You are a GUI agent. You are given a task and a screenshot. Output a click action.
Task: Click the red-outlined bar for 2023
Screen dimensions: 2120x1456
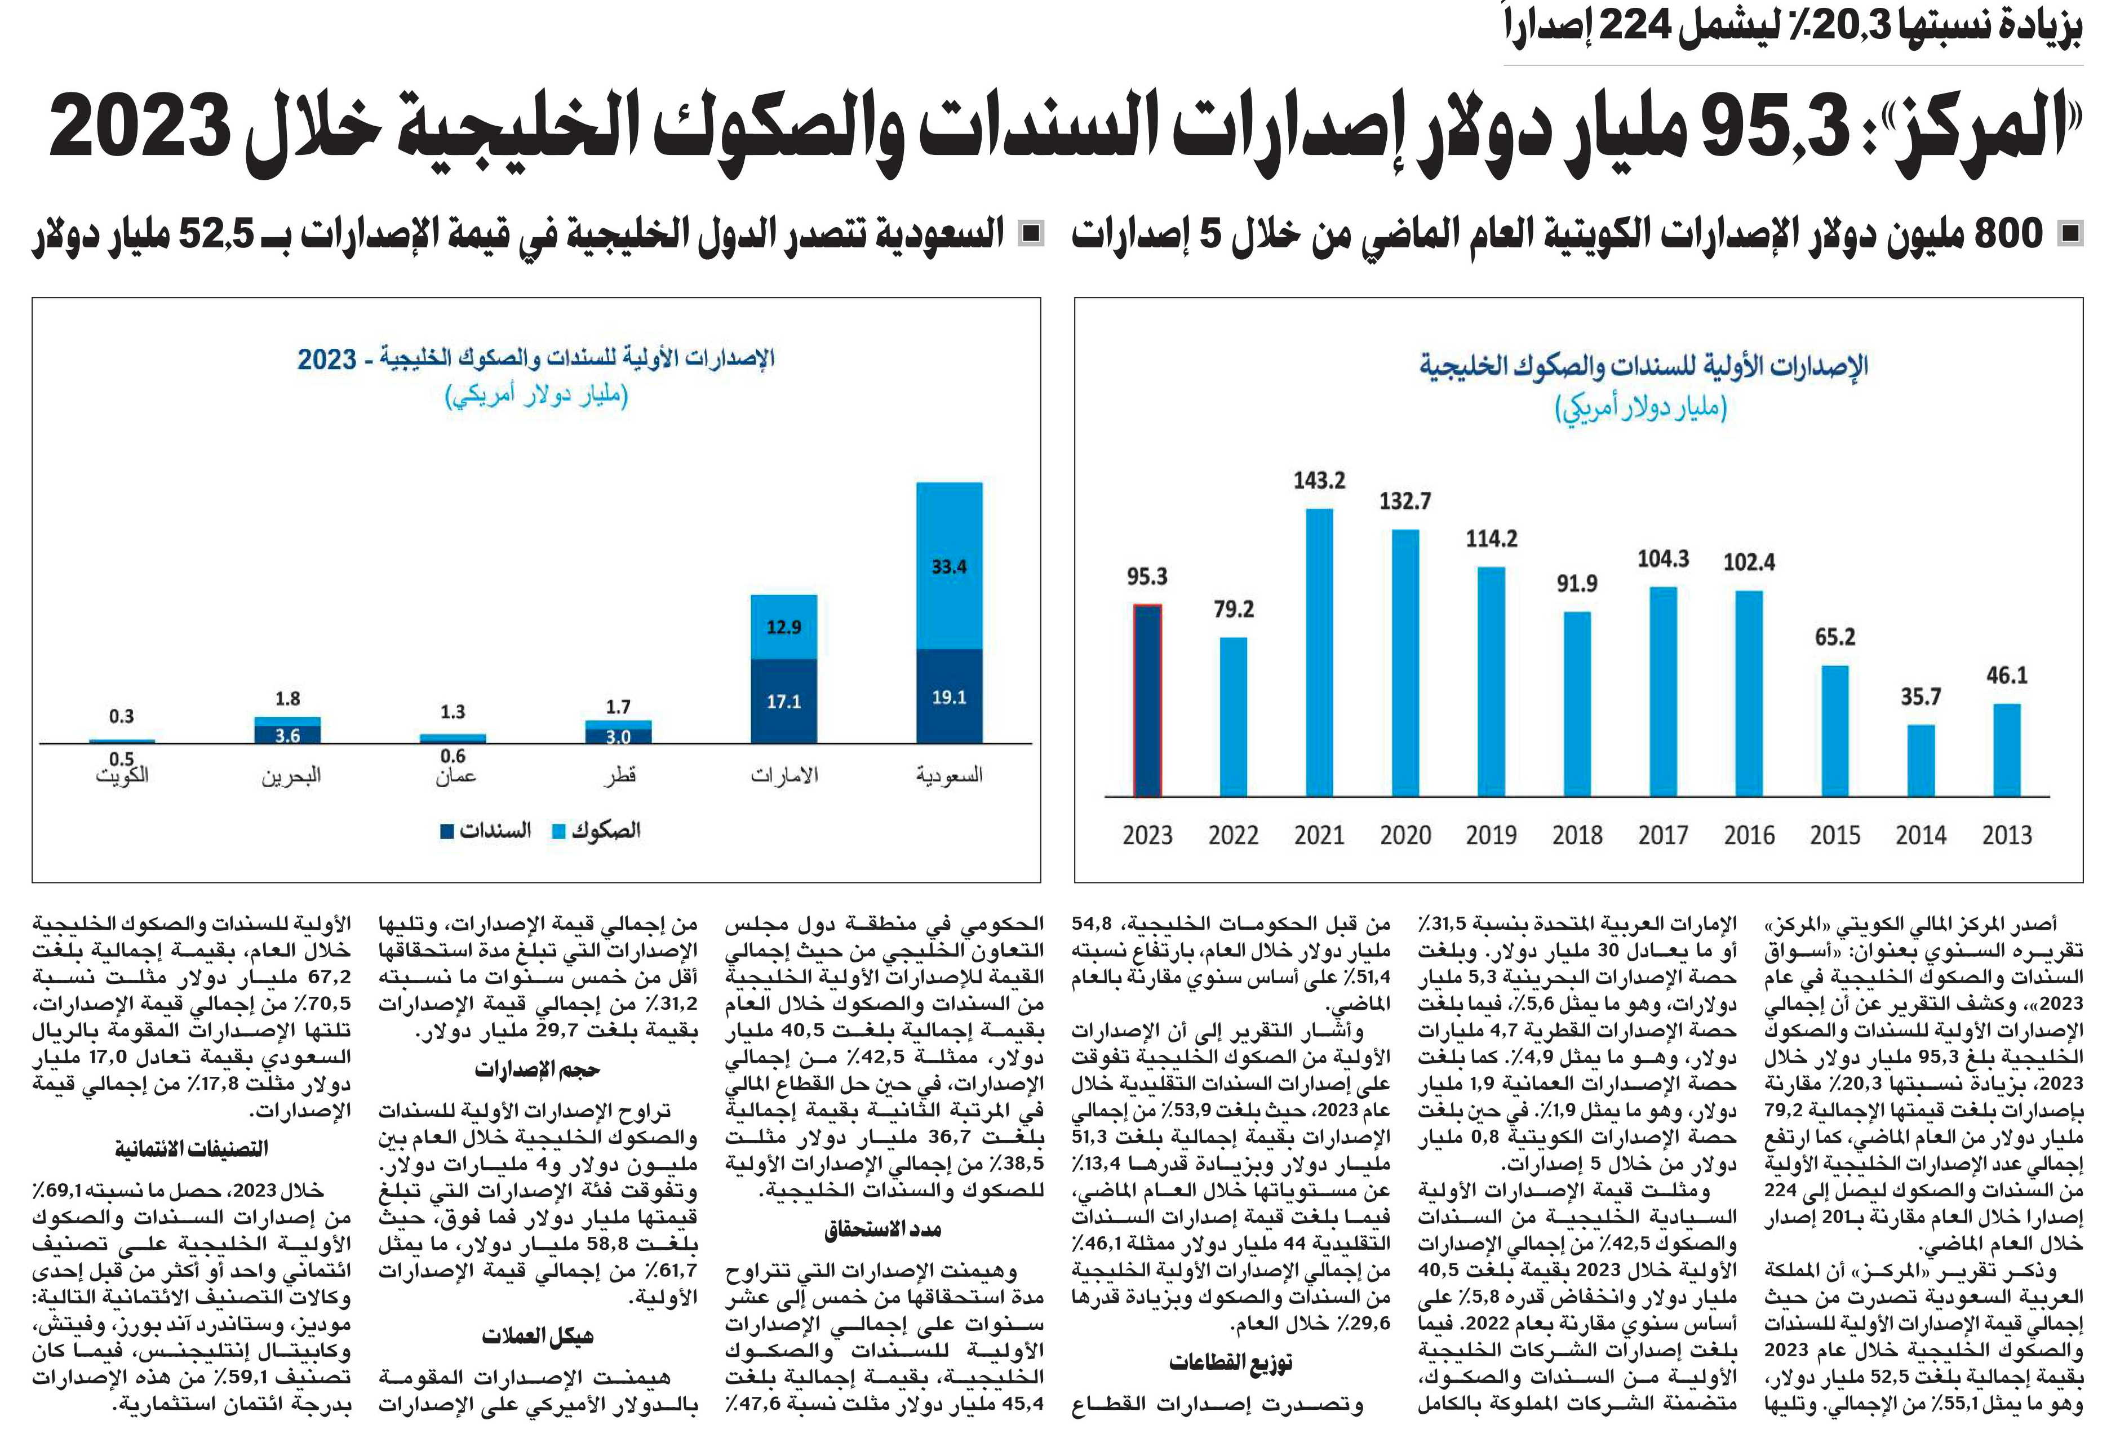click(x=1147, y=700)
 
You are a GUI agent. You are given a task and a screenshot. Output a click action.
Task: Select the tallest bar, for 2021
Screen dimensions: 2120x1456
click(x=1319, y=652)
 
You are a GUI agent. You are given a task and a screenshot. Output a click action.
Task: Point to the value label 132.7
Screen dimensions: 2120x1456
click(x=1405, y=501)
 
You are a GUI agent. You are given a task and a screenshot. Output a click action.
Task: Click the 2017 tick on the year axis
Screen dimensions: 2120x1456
click(x=1663, y=834)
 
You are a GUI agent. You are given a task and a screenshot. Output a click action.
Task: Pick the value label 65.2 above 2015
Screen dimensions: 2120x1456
click(x=1834, y=637)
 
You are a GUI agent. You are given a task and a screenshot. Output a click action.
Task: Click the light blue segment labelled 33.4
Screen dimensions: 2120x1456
click(x=949, y=566)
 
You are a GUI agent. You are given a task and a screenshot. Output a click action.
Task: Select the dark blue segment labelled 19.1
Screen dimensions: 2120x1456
click(x=949, y=696)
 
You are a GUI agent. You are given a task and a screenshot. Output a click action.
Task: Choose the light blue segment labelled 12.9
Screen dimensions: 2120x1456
click(x=784, y=627)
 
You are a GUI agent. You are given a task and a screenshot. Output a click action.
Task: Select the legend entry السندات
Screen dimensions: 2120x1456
click(x=486, y=830)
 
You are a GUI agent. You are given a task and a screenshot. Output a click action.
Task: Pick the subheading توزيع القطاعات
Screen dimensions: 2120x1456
click(x=1231, y=1363)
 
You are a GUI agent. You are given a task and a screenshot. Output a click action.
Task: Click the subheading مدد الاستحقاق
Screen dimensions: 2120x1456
click(x=883, y=1229)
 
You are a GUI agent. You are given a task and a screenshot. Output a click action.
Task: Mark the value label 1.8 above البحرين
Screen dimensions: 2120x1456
click(x=287, y=699)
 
